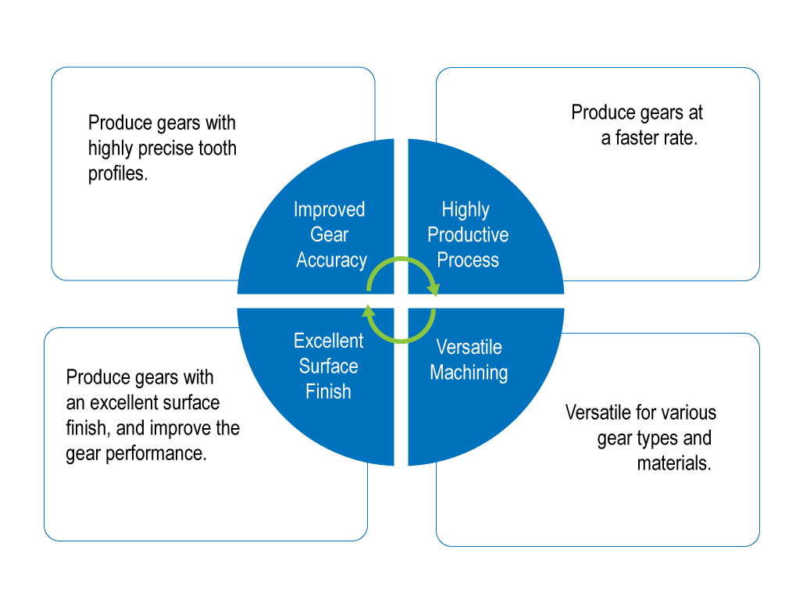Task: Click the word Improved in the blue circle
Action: [x=329, y=209]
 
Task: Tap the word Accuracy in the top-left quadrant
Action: [x=331, y=260]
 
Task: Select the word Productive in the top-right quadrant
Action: [x=468, y=234]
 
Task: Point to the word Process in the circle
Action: [x=468, y=260]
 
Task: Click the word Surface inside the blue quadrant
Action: [x=329, y=366]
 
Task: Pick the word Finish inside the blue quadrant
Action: [x=328, y=391]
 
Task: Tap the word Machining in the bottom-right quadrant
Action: [x=469, y=373]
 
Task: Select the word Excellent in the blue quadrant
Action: [x=329, y=341]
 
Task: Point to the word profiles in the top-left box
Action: [x=117, y=174]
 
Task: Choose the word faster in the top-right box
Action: [x=641, y=139]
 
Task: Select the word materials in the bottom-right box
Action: [x=673, y=462]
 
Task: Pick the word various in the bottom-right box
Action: [x=688, y=412]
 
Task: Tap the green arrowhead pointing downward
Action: [x=434, y=291]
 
